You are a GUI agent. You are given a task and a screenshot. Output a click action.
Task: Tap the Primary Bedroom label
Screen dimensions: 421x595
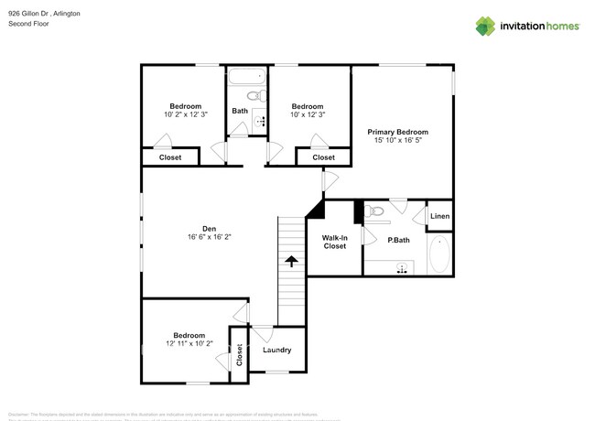[x=397, y=132]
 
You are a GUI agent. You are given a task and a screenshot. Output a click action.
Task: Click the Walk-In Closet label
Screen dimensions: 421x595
[x=334, y=242]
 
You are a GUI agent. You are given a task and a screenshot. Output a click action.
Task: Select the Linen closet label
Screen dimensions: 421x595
[x=439, y=217]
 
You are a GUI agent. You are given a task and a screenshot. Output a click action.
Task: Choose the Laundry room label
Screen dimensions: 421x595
[x=276, y=350]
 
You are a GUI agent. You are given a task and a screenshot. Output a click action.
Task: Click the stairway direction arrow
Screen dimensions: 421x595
[x=291, y=263]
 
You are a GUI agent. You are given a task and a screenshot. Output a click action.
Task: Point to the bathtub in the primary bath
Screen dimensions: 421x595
[x=439, y=256]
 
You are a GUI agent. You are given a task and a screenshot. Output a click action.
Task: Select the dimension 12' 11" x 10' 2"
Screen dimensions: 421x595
[x=184, y=345]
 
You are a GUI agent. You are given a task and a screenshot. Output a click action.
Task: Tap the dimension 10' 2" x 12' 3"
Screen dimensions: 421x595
[x=186, y=114]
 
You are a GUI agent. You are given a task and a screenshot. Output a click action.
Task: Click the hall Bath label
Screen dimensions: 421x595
[x=239, y=112]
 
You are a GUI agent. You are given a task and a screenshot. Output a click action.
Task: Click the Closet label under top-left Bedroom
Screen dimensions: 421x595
[x=170, y=157]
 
